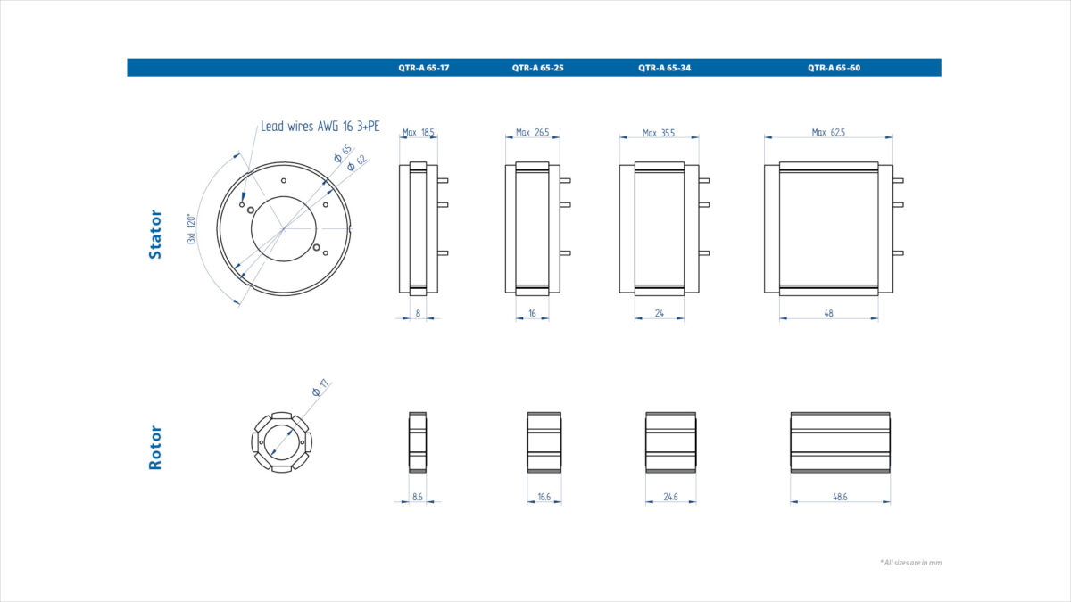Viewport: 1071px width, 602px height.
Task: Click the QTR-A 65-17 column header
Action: (x=424, y=68)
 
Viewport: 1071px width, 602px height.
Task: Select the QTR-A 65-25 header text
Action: (x=538, y=68)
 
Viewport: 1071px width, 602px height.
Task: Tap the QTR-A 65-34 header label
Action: (x=665, y=68)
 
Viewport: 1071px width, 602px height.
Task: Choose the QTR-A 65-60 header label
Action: (x=834, y=68)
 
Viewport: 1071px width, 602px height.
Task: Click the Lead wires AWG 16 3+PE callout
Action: (x=320, y=126)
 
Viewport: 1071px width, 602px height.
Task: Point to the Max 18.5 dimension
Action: (x=419, y=132)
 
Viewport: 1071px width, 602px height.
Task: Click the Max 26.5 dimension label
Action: (x=533, y=132)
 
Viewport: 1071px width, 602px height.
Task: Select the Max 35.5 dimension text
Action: (x=659, y=133)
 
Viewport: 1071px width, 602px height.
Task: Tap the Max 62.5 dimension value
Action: (x=828, y=132)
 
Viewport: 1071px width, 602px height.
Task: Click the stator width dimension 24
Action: (x=660, y=313)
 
